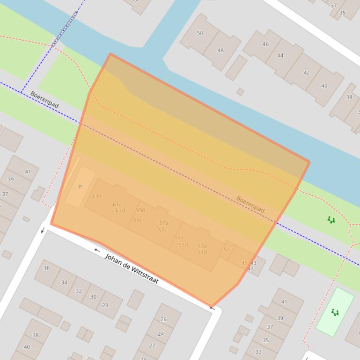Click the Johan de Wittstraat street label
[132, 269]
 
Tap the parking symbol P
[80, 187]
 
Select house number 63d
[96, 196]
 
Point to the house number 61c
[117, 204]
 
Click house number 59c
[138, 221]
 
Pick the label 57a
[164, 223]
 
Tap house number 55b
[178, 238]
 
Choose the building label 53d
[202, 252]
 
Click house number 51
[227, 250]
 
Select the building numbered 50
[200, 33]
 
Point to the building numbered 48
[220, 50]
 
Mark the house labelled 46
[265, 44]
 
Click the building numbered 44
[280, 56]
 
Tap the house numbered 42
[307, 73]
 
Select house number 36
[46, 268]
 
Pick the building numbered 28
[105, 305]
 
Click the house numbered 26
[163, 319]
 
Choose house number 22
[152, 346]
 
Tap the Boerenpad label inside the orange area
[250, 204]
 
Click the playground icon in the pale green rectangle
[335, 312]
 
